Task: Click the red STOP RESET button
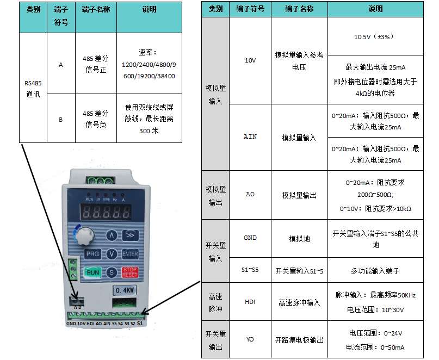coord(130,272)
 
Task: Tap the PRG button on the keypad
coord(92,254)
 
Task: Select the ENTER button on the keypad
coord(130,254)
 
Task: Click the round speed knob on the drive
coord(84,235)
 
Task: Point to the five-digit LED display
coord(106,212)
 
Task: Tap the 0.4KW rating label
coord(125,290)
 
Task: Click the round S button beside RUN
coord(112,272)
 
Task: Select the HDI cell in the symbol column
coord(250,301)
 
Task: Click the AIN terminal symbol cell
coord(250,137)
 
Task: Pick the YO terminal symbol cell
coord(250,339)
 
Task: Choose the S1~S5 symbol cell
coord(250,270)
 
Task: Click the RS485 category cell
coord(33,88)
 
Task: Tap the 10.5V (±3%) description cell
coord(375,36)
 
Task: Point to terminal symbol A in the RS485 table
coord(61,65)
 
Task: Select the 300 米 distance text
coord(149,131)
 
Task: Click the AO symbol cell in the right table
coord(250,195)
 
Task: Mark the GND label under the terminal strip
coord(71,324)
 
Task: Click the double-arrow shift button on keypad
coord(130,235)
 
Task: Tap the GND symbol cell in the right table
coord(250,238)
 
